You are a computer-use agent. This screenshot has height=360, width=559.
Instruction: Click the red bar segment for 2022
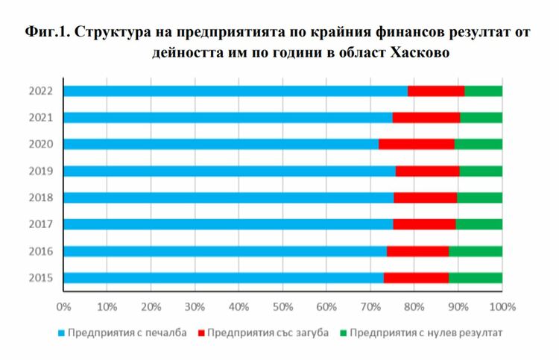(436, 91)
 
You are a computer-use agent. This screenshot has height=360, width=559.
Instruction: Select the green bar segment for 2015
(476, 278)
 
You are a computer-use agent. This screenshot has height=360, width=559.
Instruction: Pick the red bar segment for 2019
(427, 171)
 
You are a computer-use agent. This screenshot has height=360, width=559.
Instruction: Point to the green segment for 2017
(479, 224)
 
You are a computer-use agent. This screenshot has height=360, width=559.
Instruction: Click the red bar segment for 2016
(417, 251)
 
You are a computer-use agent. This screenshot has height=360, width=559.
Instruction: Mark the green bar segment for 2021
(481, 117)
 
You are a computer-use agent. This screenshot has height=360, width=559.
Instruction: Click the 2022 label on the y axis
(40, 91)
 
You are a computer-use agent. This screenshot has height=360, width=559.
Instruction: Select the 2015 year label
(40, 278)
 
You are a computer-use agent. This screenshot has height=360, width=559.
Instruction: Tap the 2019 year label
(40, 171)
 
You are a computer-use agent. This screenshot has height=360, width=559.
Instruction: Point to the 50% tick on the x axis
(282, 306)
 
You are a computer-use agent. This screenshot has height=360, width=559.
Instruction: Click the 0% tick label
(63, 306)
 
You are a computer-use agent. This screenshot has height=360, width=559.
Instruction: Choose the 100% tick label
(502, 306)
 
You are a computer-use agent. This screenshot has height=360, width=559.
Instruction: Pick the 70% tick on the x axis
(370, 306)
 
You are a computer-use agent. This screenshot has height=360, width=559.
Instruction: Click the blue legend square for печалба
(61, 333)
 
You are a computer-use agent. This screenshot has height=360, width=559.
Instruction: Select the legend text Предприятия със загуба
(268, 333)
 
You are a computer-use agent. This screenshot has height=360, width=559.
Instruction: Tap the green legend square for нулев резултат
(344, 333)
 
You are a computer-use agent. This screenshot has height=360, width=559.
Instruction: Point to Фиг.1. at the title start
(48, 32)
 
